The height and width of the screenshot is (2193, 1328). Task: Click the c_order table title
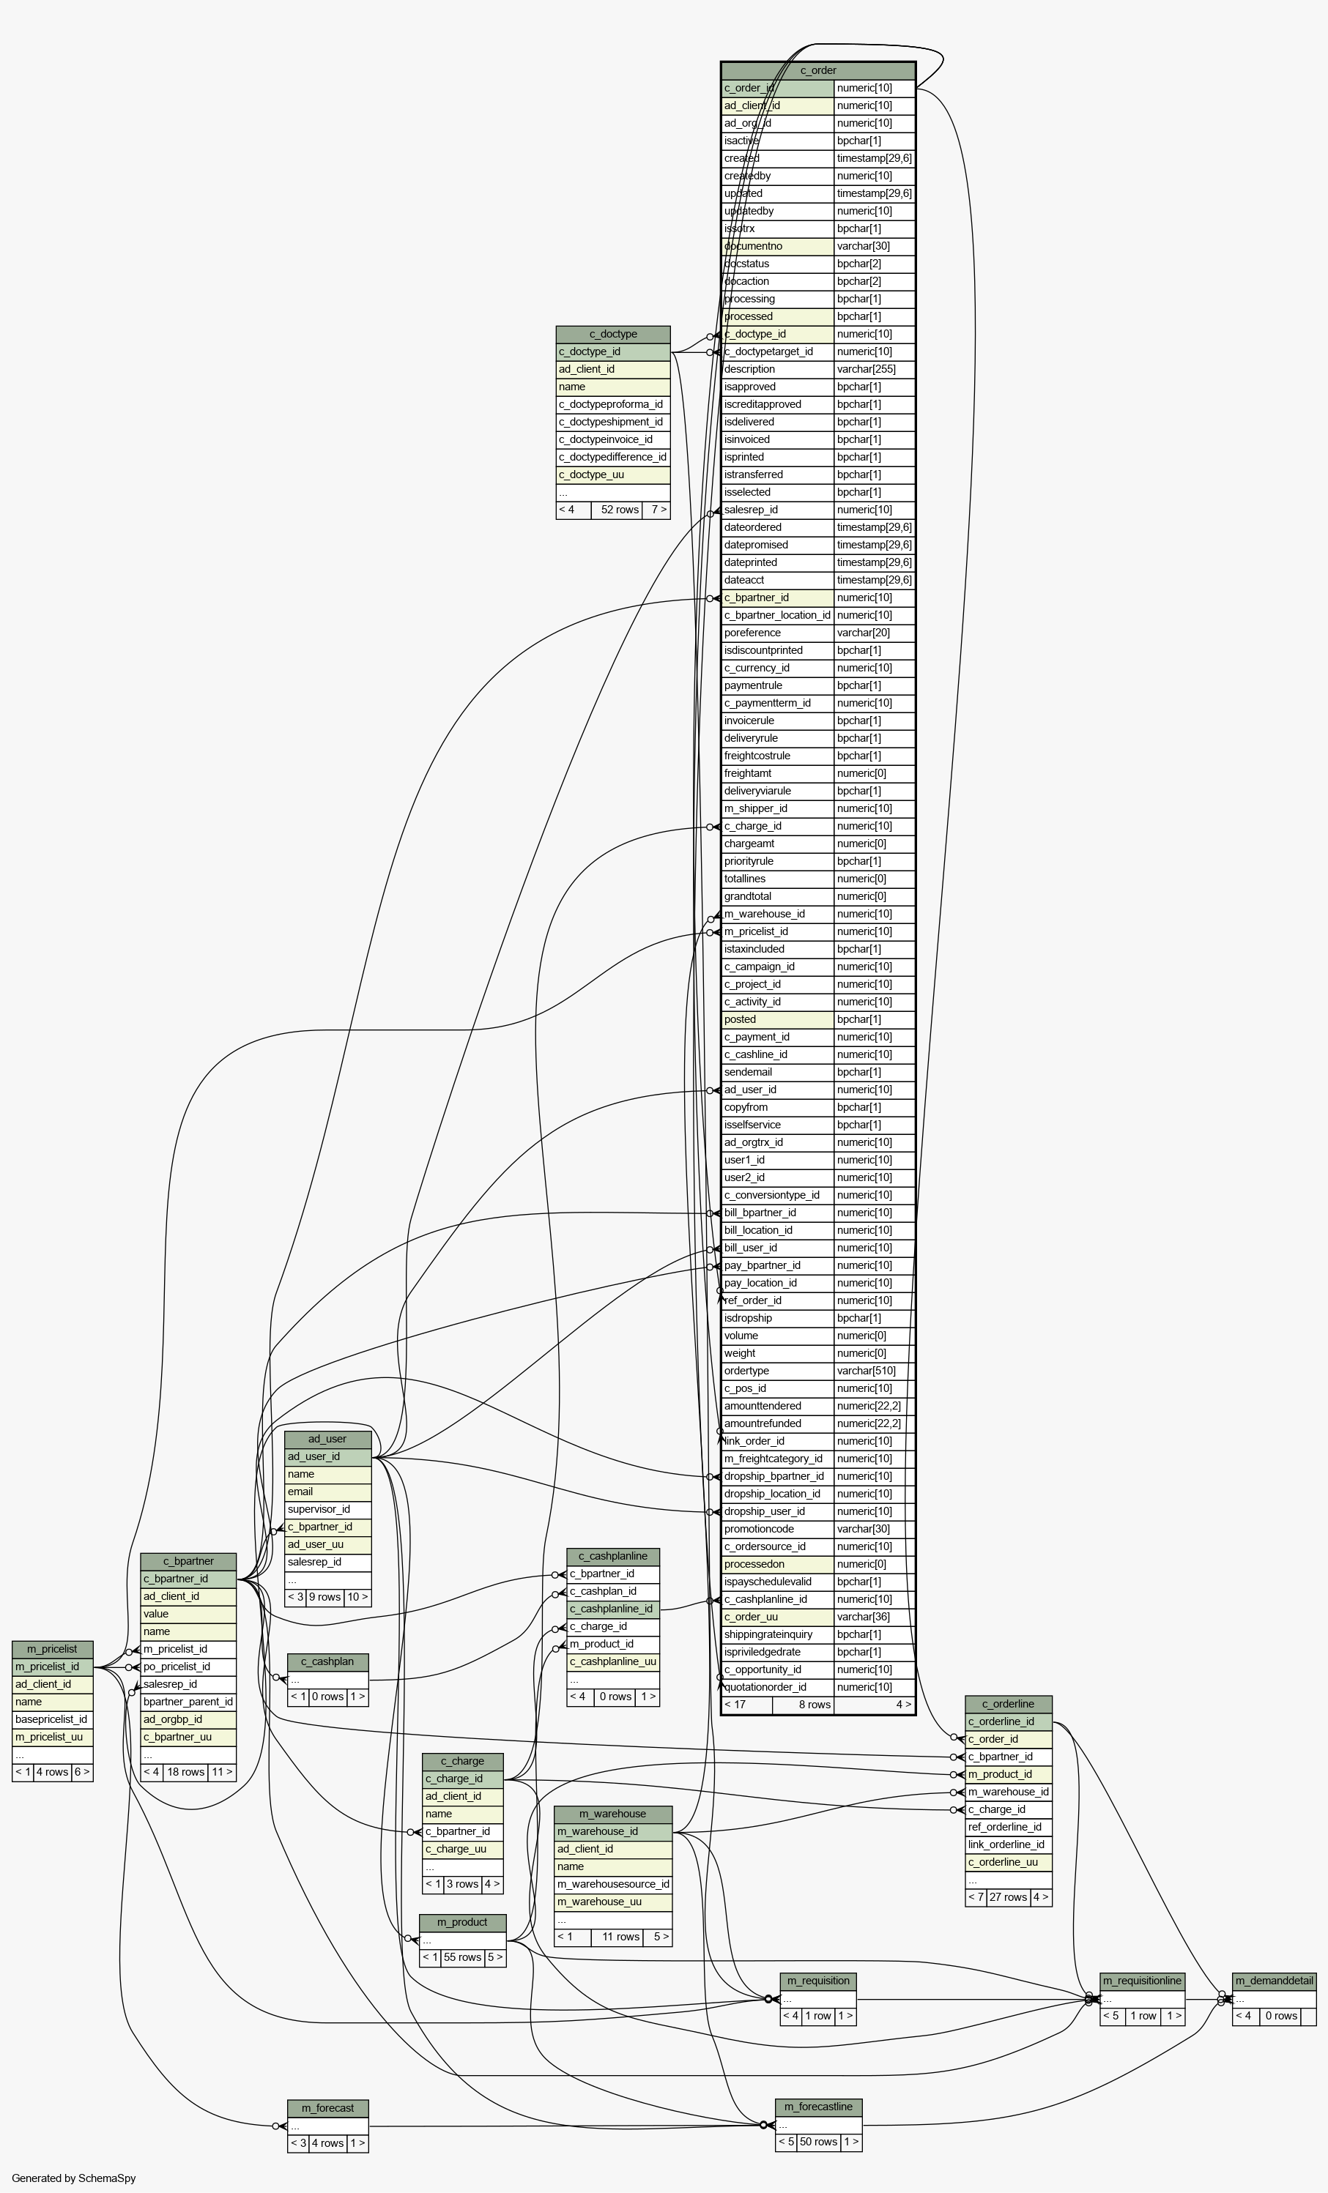pos(818,70)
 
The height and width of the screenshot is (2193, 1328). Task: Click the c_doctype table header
pos(612,335)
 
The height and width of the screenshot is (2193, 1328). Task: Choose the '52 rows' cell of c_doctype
pos(619,510)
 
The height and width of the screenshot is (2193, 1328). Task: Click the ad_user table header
pos(327,1439)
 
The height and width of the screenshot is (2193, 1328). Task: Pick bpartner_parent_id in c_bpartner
pos(188,1702)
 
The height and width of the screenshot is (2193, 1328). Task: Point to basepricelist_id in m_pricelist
pos(51,1719)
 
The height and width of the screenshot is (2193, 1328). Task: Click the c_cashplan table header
pos(327,1661)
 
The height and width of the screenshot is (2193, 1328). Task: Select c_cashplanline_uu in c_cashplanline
pos(613,1661)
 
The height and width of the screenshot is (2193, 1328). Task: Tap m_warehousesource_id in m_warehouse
pos(612,1883)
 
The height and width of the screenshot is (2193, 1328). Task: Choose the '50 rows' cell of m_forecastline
pos(818,2142)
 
